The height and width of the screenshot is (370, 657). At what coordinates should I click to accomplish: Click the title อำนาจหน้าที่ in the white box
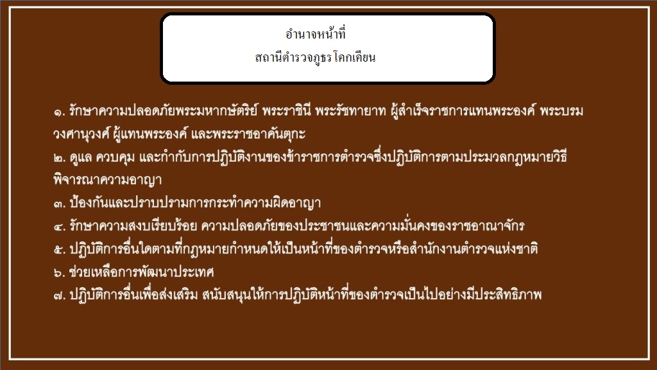316,33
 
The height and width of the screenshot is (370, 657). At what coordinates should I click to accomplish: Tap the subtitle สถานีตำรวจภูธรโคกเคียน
315,57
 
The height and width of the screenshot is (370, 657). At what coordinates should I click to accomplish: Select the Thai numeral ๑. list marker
60,112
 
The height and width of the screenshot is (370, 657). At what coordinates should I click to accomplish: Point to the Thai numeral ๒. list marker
60,158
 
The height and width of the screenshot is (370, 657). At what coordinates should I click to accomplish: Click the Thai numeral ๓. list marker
60,204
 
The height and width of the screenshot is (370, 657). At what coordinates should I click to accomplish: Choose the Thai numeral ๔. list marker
60,227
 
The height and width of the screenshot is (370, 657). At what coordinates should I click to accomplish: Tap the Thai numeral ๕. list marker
60,250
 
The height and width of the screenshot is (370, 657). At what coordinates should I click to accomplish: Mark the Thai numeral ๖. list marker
60,273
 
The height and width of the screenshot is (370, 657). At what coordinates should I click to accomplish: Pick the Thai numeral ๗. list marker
60,296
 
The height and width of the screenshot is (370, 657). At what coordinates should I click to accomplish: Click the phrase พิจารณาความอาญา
107,180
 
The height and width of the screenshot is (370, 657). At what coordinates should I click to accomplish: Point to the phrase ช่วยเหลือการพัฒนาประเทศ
142,272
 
